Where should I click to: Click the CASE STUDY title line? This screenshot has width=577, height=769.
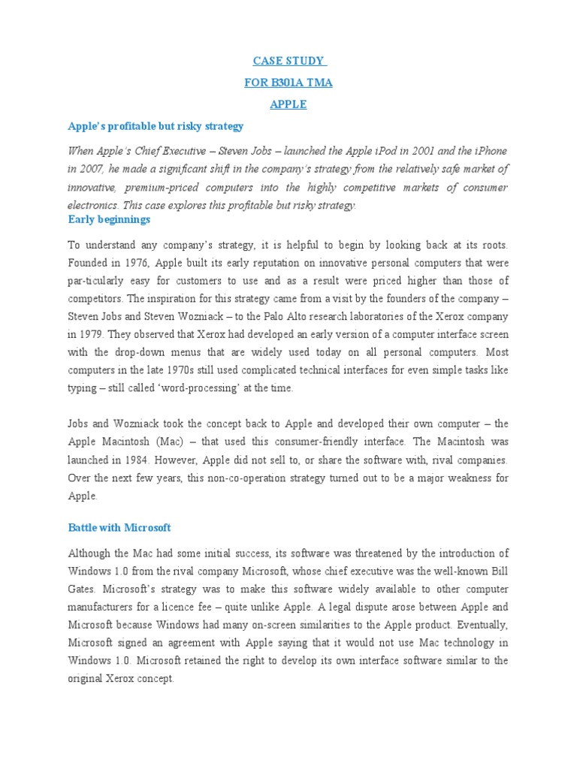point(288,61)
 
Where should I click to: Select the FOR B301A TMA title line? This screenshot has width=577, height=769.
point(288,83)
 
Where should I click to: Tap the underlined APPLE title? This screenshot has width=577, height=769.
point(288,104)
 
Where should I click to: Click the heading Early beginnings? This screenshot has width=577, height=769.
point(109,219)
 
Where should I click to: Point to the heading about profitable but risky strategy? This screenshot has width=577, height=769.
point(156,125)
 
